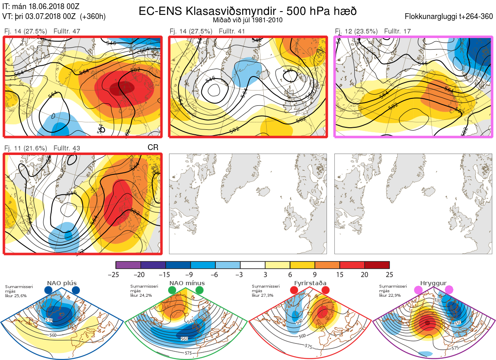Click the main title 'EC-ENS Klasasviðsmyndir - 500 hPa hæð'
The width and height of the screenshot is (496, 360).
pos(248,11)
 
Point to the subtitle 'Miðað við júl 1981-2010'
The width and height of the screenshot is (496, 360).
pos(248,20)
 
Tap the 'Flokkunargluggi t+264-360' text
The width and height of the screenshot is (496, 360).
pos(449,17)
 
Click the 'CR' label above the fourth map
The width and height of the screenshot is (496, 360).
pos(153,147)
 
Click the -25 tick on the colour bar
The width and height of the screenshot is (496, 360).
pos(116,274)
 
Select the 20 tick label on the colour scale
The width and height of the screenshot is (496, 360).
pos(364,274)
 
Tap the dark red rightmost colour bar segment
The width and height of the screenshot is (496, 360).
pos(377,265)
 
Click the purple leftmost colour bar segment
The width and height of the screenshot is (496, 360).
pos(128,265)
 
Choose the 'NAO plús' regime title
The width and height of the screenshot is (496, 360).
pos(62,283)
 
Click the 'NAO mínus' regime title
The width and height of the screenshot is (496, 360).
pos(187,283)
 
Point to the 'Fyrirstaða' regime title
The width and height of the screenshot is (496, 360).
pos(309,283)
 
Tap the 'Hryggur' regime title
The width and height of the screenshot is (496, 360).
pos(434,283)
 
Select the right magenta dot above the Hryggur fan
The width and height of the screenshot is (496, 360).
pos(449,291)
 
